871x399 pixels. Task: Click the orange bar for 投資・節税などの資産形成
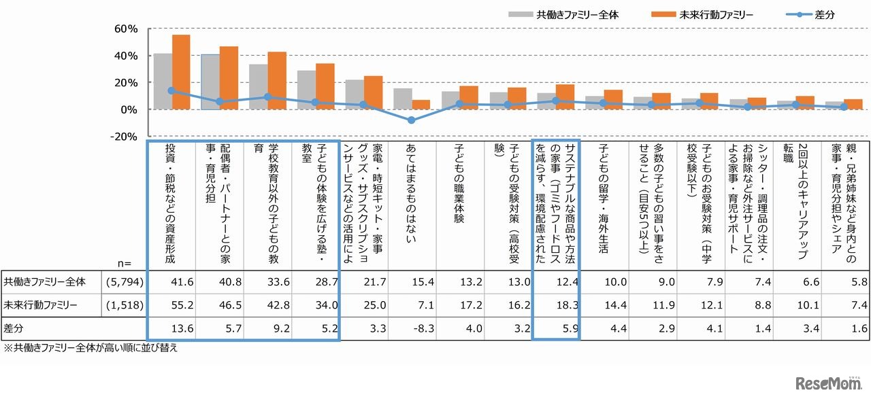pos(181,72)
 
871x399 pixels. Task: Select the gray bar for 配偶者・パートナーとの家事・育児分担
pos(210,82)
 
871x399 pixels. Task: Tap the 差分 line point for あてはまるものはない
pos(412,120)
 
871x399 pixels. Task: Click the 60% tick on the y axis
pos(127,29)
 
